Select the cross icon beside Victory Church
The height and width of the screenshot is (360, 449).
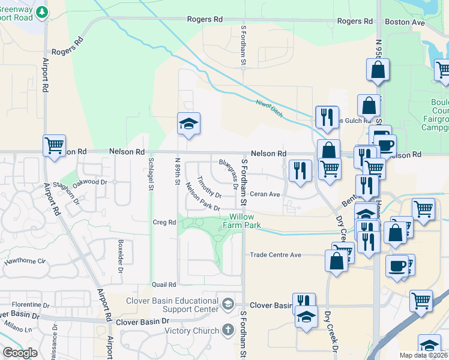coord(228,329)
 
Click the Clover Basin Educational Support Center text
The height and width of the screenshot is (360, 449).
coord(172,305)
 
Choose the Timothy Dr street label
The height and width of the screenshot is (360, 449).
coord(209,187)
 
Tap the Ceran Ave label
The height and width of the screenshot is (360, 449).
coord(265,194)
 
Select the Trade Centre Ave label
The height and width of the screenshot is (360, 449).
coord(275,255)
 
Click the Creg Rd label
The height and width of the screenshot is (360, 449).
coord(163,222)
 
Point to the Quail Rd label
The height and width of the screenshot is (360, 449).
coord(164,284)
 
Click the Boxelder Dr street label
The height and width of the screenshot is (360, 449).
coord(121,256)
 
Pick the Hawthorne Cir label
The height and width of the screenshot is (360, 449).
coord(25,261)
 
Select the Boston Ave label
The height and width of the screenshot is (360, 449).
coord(405,22)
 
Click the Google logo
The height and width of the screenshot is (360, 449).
coord(20,352)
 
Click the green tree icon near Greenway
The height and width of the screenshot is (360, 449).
coord(41,11)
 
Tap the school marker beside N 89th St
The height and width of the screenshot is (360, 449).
coord(188,124)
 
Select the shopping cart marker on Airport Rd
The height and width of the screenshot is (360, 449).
coord(55,146)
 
